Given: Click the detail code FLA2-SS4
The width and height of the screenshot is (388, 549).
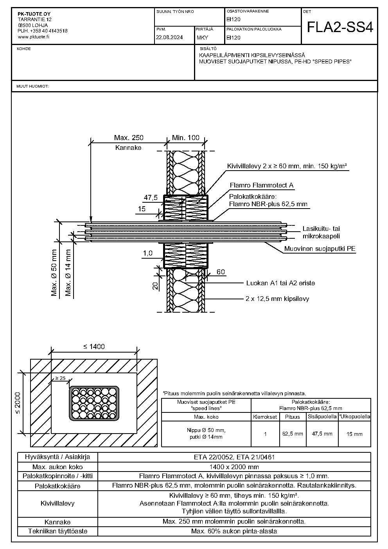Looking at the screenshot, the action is coord(340,27).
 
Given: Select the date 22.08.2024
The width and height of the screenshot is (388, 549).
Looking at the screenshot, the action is coord(169,38).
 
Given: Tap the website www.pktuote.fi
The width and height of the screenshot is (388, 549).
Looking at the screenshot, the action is coord(33,37).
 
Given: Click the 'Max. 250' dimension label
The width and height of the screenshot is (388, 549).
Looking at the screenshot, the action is coord(129,138).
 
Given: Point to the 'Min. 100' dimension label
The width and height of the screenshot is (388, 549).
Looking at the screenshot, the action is coord(186,138).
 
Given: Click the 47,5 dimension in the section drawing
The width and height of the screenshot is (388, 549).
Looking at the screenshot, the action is coord(151,198).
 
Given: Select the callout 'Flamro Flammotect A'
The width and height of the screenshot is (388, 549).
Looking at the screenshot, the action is coord(262,185).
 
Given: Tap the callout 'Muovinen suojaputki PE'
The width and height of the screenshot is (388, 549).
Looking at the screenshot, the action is coord(320,249).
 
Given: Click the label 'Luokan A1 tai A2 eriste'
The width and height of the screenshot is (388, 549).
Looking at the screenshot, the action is coord(280,283).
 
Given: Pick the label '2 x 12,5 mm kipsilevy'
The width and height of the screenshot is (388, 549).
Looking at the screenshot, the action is coord(277,299).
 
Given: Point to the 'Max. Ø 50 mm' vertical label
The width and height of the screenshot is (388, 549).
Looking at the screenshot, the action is coord(54,272).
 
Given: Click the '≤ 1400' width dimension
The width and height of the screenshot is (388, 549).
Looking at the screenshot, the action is coord(94,347).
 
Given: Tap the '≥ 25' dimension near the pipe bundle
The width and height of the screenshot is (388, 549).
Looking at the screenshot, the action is coord(60,378).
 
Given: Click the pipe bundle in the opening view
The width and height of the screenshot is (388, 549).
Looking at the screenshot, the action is coord(94,403).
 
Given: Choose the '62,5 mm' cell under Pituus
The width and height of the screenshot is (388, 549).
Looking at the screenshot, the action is coord(293,434).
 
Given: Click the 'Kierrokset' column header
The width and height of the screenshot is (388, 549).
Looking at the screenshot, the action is coord(265,417).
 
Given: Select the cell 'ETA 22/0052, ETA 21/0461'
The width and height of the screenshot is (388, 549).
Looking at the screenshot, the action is coord(234,457).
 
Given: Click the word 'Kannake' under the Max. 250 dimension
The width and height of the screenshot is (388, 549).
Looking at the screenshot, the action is coord(128,148).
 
